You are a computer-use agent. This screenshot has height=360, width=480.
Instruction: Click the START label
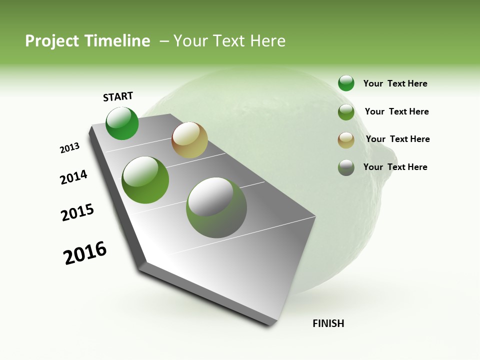(118, 96)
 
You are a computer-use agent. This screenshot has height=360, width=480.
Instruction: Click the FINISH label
(328, 323)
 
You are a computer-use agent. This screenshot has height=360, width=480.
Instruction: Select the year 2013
(70, 148)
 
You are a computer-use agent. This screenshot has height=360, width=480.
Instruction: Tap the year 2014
(73, 177)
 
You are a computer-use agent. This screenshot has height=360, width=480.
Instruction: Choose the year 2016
(85, 253)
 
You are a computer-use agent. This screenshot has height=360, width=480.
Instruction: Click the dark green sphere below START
(122, 123)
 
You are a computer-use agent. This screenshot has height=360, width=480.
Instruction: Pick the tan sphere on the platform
(189, 140)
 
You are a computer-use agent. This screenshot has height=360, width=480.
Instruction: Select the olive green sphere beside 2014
(145, 180)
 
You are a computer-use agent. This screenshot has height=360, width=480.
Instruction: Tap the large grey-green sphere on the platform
(216, 207)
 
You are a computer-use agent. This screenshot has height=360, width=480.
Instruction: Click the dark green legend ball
(346, 83)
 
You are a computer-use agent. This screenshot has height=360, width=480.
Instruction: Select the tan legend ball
(346, 139)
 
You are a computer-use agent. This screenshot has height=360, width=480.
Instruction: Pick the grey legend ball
(346, 167)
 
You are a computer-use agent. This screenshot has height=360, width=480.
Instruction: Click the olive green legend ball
(346, 112)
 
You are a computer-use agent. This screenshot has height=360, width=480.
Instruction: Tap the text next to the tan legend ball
(397, 139)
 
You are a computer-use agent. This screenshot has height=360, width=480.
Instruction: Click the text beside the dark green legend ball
(395, 83)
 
